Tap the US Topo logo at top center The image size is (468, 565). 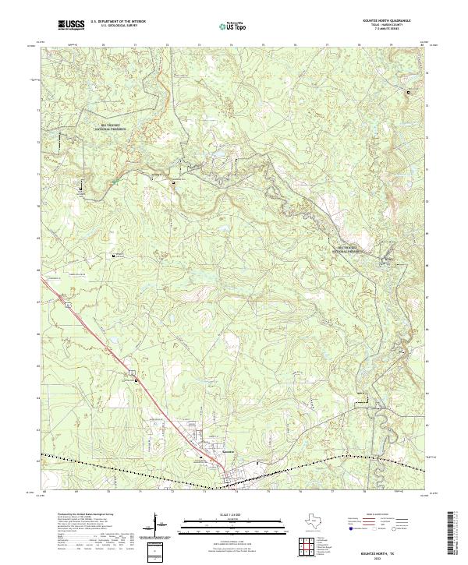pyautogui.click(x=225, y=26)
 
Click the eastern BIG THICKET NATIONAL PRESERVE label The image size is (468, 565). pyautogui.click(x=349, y=250)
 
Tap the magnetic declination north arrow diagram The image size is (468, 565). pyautogui.click(x=160, y=526)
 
